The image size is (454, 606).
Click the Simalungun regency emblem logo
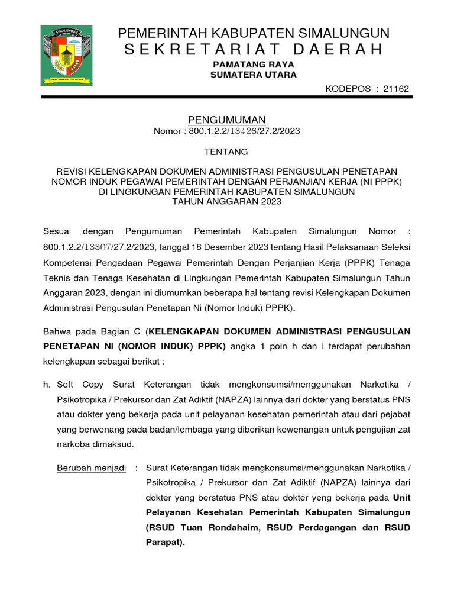coord(66,55)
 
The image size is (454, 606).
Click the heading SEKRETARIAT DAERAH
coord(254,49)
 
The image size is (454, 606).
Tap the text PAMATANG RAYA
coord(254,64)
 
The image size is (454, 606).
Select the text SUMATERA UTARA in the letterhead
coord(254,75)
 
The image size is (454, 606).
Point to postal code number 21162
coord(395,89)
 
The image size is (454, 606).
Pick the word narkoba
coord(73,444)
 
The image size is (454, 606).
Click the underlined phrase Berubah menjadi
coord(91,468)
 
